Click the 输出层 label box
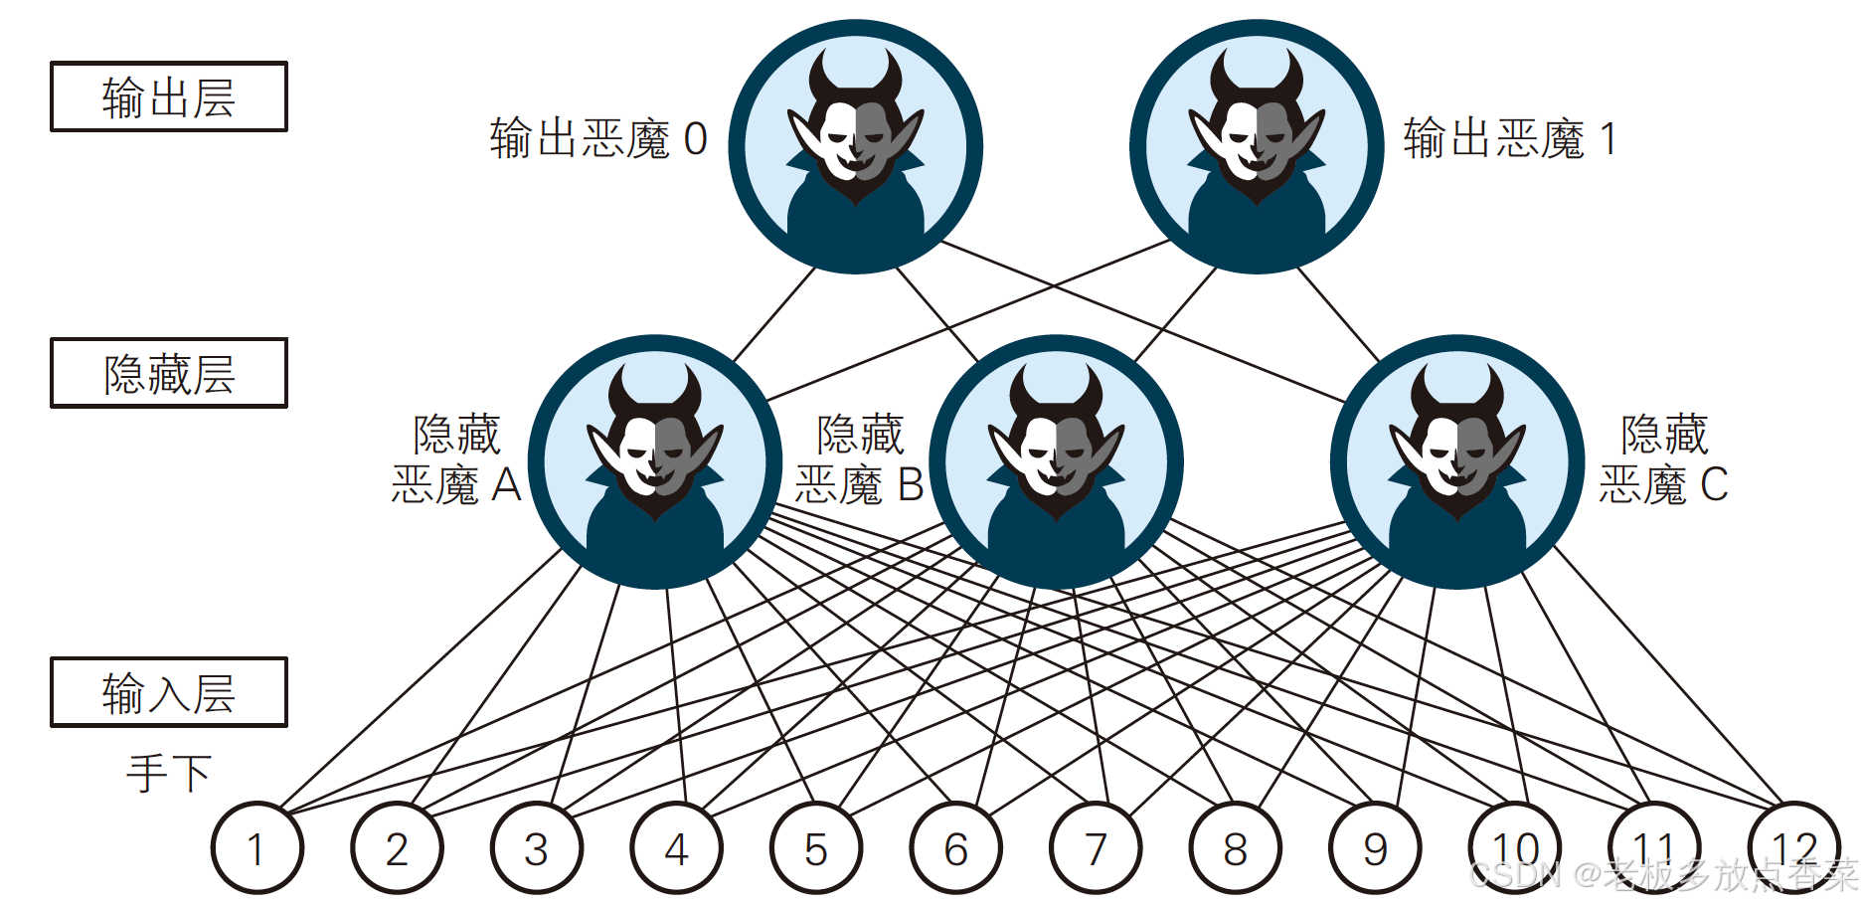coord(169,96)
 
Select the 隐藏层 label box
coord(169,373)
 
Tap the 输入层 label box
coord(169,692)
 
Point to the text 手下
coord(169,773)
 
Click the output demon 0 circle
coord(855,147)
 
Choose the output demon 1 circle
coord(1257,147)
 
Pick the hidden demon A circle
coord(655,462)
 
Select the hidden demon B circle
coord(1056,462)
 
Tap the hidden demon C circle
coord(1457,462)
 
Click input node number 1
coord(256,848)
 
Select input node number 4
coord(676,848)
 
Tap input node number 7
coord(1096,848)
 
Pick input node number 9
coord(1375,848)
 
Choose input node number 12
coord(1794,848)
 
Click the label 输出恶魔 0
coord(598,139)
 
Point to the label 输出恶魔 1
coord(1510,139)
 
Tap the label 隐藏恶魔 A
coord(456,459)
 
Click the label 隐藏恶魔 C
coord(1663,459)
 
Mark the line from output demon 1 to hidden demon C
coord(1338,314)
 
